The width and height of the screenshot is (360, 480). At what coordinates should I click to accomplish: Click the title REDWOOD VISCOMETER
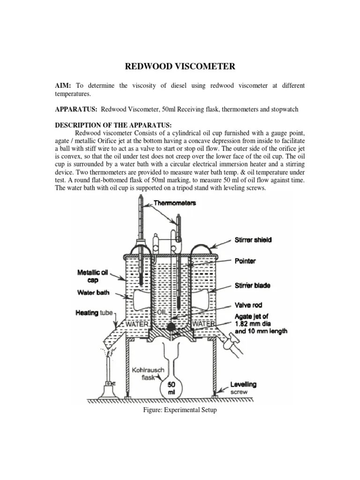[x=180, y=67]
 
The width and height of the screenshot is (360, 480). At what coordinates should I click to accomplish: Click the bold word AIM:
[x=63, y=86]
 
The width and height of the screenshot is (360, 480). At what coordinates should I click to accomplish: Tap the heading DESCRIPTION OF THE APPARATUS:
[x=113, y=125]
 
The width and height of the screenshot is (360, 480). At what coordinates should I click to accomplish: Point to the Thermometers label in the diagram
[x=175, y=203]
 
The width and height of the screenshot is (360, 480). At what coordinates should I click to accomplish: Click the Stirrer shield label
[x=253, y=240]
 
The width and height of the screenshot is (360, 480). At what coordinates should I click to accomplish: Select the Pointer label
[x=245, y=261]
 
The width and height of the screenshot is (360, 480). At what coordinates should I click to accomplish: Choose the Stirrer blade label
[x=252, y=285]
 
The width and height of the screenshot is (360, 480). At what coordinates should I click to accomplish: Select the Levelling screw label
[x=243, y=387]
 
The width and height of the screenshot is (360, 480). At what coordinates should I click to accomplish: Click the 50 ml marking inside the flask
[x=172, y=388]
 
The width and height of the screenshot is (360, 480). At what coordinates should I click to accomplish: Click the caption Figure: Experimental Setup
[x=180, y=410]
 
